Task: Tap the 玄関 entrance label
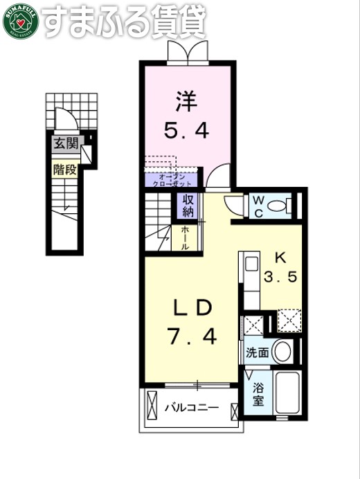click(x=66, y=145)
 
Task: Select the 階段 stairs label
click(x=66, y=168)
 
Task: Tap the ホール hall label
click(x=186, y=237)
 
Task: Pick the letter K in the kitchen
click(x=280, y=257)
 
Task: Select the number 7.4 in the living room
click(x=192, y=337)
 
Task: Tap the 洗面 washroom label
click(x=258, y=352)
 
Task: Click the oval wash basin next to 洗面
click(x=282, y=351)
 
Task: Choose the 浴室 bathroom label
click(x=258, y=395)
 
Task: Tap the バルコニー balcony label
click(x=192, y=407)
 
